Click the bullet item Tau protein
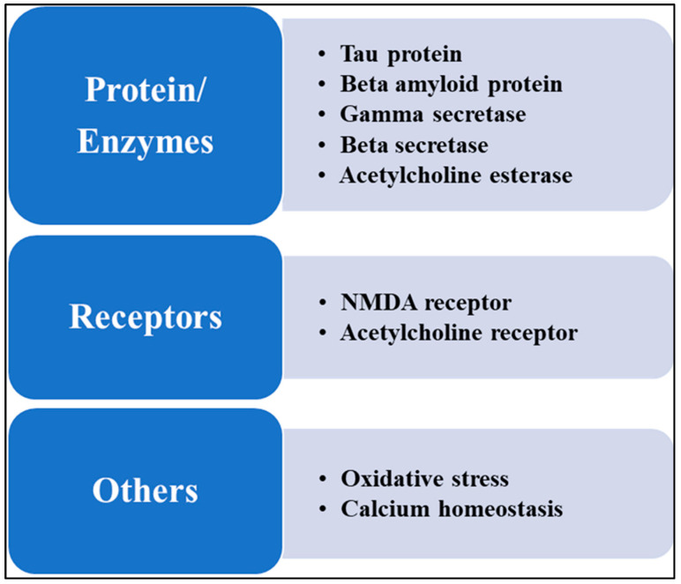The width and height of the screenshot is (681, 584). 400,55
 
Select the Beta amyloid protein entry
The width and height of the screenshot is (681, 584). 451,85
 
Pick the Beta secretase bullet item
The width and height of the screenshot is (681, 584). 414,145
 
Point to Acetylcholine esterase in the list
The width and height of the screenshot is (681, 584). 455,175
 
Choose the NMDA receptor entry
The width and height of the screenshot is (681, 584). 425,303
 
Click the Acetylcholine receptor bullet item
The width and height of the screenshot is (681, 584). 459,333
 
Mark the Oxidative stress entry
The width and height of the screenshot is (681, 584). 424,479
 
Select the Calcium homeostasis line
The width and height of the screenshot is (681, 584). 451,509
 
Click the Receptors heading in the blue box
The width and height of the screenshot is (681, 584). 146,317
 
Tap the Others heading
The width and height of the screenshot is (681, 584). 146,490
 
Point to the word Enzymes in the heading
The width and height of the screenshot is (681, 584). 146,142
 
